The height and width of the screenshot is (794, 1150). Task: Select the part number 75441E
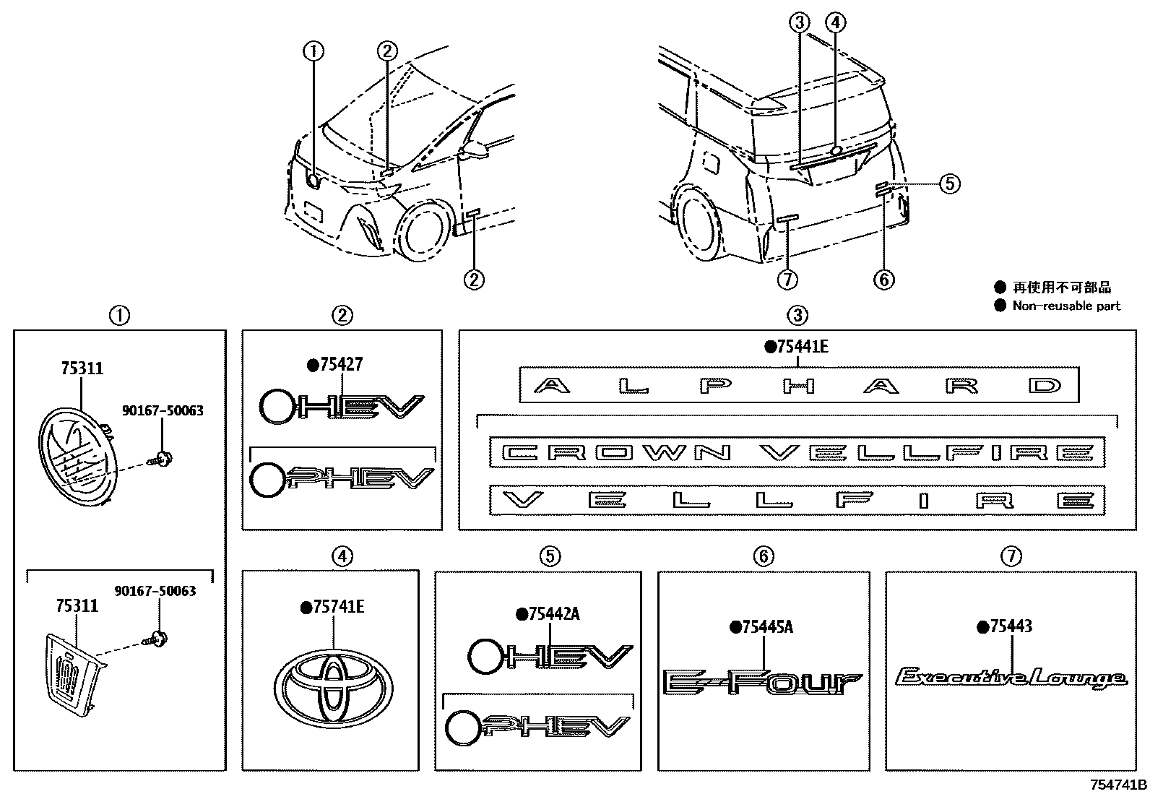802,347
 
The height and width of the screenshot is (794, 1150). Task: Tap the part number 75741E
337,608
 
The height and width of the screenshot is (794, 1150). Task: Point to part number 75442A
553,614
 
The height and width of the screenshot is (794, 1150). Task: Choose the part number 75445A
766,627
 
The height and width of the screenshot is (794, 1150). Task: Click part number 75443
1011,626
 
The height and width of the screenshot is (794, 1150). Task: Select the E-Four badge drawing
762,682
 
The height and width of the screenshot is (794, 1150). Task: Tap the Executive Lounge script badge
1011,678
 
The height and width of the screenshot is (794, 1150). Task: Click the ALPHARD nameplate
799,385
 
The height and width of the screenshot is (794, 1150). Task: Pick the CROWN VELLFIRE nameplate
797,453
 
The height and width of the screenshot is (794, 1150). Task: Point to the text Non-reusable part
1065,306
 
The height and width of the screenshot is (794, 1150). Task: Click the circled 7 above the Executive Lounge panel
1011,556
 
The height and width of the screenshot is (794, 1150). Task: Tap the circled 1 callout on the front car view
314,51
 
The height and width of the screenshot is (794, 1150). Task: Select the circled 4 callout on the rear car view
835,23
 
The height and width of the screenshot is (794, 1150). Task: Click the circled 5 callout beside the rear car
950,184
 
